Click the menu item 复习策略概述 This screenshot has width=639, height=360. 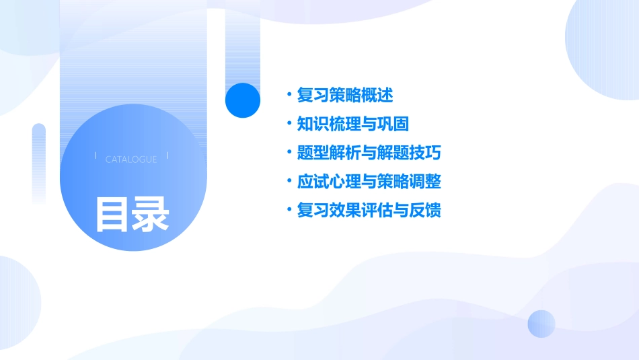point(344,96)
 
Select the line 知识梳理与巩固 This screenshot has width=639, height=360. point(352,124)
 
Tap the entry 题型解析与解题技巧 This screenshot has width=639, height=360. point(369,153)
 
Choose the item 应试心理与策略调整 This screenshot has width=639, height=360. point(369,182)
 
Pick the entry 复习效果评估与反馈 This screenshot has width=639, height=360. point(369,211)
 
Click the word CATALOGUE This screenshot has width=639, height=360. point(131,159)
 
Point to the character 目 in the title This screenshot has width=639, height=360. point(112,213)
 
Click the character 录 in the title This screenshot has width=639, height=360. point(151,213)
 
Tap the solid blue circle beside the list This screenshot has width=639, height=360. point(242,100)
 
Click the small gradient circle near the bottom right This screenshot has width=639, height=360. point(541,324)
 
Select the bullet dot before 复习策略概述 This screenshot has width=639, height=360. point(289,96)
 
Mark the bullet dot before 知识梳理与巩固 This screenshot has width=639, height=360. point(289,124)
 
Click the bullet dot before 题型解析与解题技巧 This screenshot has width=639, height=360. point(289,153)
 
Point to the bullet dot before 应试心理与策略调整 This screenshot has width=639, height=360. point(289,182)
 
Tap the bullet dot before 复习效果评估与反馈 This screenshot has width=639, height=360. point(289,211)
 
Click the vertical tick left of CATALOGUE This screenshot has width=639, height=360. point(96,157)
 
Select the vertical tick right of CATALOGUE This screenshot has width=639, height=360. point(167,157)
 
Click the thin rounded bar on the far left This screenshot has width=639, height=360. point(38,161)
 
